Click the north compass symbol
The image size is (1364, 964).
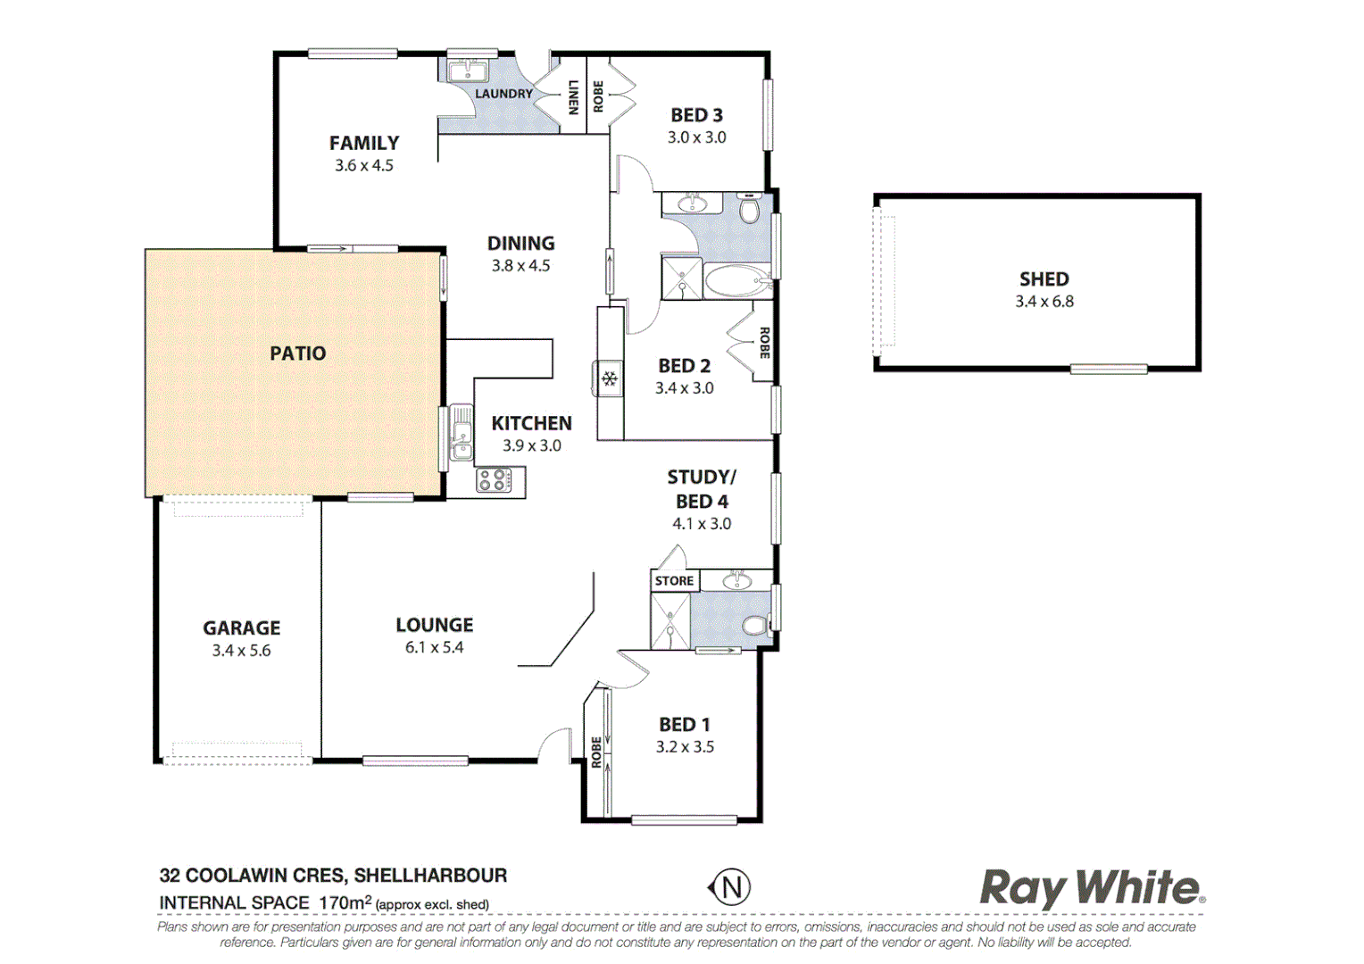point(730,887)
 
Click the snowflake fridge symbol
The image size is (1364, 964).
point(610,379)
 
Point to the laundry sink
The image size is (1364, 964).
point(466,71)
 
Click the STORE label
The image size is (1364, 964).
point(674,581)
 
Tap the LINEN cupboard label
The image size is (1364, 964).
point(573,97)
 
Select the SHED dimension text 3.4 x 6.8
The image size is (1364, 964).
point(1044,302)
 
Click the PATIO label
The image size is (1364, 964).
point(297,353)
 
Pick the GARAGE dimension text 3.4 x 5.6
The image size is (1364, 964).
point(241,651)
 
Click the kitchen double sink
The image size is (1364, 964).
point(461,433)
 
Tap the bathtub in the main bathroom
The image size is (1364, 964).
point(737,281)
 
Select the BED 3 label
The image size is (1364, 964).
point(696,115)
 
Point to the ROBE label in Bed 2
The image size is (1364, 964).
point(764,343)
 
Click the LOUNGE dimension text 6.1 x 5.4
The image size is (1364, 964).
point(434,648)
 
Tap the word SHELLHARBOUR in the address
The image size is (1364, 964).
point(430,876)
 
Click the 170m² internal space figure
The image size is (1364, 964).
point(345,903)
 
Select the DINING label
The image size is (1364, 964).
point(520,244)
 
